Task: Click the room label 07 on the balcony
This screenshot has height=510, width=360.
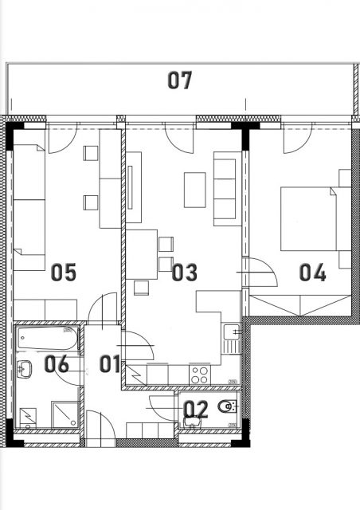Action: tap(179, 80)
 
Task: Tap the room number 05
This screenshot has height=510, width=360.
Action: tap(64, 273)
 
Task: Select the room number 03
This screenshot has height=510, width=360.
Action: tap(185, 273)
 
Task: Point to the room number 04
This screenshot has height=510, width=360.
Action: tap(312, 273)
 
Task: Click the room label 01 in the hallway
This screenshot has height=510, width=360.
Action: tap(110, 363)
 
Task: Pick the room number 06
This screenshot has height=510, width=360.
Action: tap(57, 363)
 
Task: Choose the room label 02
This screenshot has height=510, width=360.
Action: tap(196, 409)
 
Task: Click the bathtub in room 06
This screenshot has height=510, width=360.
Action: tap(48, 339)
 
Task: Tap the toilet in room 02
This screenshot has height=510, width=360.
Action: tap(228, 406)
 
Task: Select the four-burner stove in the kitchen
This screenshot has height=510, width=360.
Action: tap(200, 375)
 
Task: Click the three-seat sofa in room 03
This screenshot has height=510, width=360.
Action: tap(225, 189)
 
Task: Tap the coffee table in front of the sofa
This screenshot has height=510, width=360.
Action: tap(195, 190)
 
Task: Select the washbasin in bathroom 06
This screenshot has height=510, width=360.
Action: tap(24, 369)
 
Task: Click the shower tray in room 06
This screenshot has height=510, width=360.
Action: tap(65, 415)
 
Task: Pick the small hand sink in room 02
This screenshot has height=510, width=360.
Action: tap(193, 422)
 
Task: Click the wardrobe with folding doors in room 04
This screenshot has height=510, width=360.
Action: tap(300, 305)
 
